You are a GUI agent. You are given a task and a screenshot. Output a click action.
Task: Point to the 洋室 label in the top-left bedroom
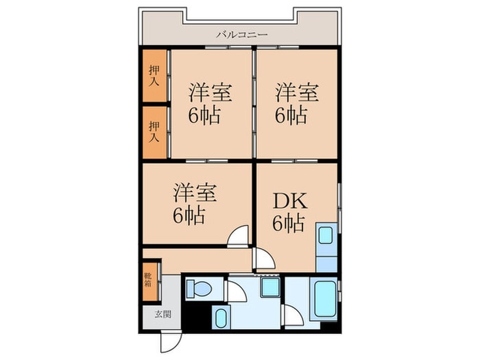coord(210,92)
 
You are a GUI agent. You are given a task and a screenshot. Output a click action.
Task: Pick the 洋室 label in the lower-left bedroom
coord(195,192)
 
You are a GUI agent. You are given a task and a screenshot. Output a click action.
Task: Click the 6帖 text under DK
coord(288,224)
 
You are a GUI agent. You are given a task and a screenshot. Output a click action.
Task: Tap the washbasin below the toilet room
coord(221,317)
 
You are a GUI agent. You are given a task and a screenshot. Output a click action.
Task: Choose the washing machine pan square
coord(269,287)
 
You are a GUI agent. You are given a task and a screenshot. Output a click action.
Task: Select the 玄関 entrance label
coord(162,315)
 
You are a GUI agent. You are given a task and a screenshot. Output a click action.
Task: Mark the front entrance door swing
coord(169,341)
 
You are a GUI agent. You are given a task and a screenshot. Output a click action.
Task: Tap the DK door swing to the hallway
coord(263,259)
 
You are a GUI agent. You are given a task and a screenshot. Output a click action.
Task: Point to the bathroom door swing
coord(291,315)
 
